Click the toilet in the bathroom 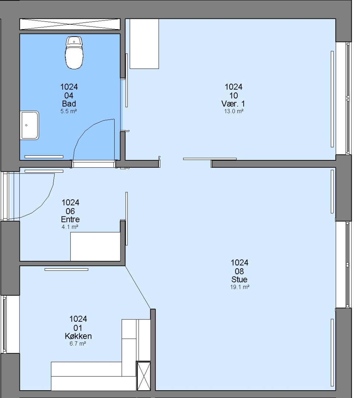coord(74,53)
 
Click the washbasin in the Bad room coord(30,125)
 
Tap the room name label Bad coord(69,104)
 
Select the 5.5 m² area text coord(69,111)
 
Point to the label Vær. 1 coord(233,104)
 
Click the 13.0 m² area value coord(234,111)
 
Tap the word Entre coord(70,219)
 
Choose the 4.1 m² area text coord(70,227)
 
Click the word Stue coord(239,279)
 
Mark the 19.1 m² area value coord(240,287)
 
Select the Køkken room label coord(78,336)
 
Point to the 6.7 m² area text coord(78,344)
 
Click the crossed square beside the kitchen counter coord(144,376)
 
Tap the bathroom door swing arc coord(87,129)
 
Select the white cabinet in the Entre coord(95,246)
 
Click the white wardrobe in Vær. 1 coord(144,43)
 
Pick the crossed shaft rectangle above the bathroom coord(70,24)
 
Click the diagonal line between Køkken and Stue coord(138,287)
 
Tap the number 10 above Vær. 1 coord(234,95)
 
